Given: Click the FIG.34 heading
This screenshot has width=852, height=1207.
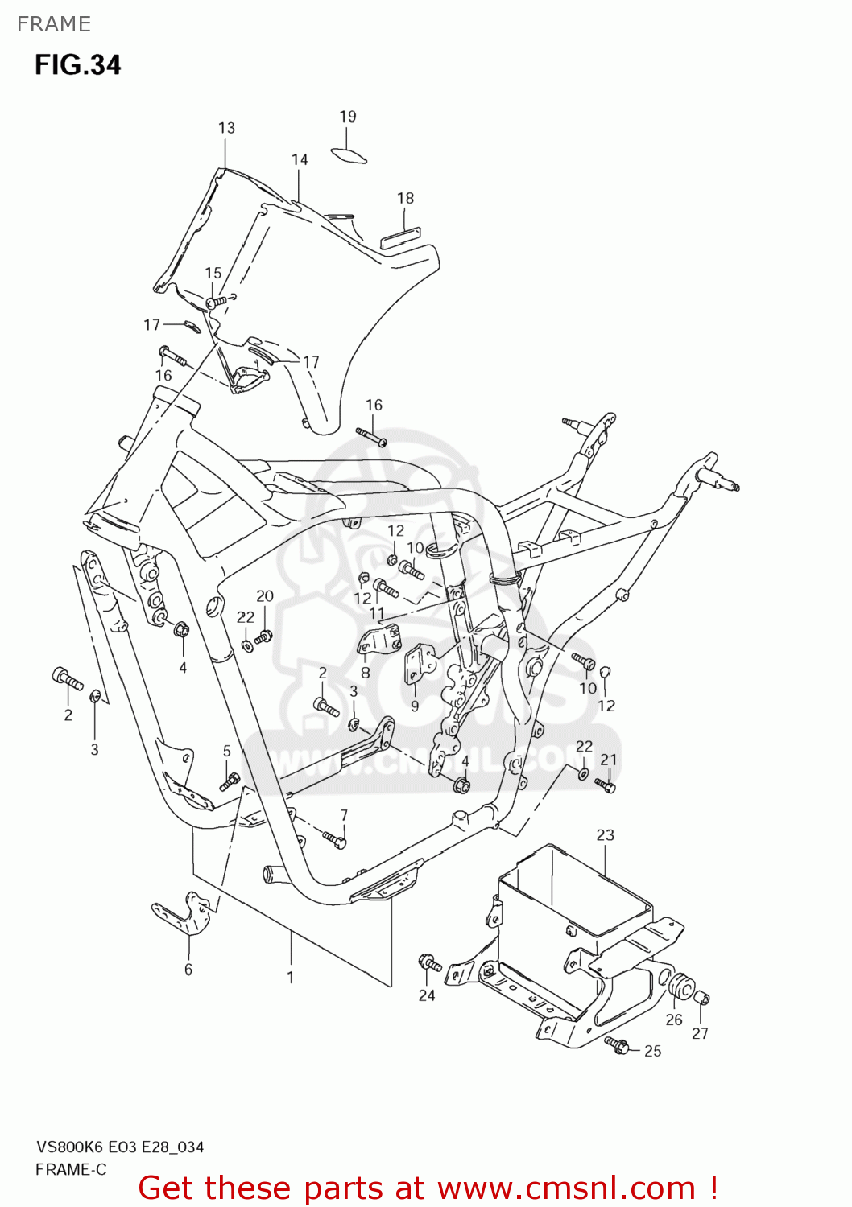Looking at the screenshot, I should tap(77, 64).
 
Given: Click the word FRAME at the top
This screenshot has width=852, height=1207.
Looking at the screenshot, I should tap(53, 24).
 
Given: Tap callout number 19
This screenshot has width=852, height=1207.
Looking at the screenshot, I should tap(347, 117).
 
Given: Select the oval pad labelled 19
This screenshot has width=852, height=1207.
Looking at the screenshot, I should tap(349, 154).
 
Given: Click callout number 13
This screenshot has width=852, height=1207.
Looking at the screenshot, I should tap(226, 128).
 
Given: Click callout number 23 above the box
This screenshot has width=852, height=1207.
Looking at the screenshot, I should tap(605, 835).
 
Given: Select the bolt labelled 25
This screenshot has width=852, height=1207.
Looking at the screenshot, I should tap(617, 1045).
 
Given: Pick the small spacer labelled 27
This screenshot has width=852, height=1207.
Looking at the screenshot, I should tap(701, 999).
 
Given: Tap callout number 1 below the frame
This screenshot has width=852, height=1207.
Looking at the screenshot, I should tap(290, 978).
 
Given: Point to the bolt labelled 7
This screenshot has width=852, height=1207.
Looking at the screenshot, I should tap(334, 839).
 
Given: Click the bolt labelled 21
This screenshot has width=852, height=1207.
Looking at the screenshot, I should tap(606, 785).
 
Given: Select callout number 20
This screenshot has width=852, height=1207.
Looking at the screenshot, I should tap(265, 596).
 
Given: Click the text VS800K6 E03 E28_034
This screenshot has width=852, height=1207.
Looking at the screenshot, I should tap(119, 1147).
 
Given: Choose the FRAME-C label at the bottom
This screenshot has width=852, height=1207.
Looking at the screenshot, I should tap(71, 1170).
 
